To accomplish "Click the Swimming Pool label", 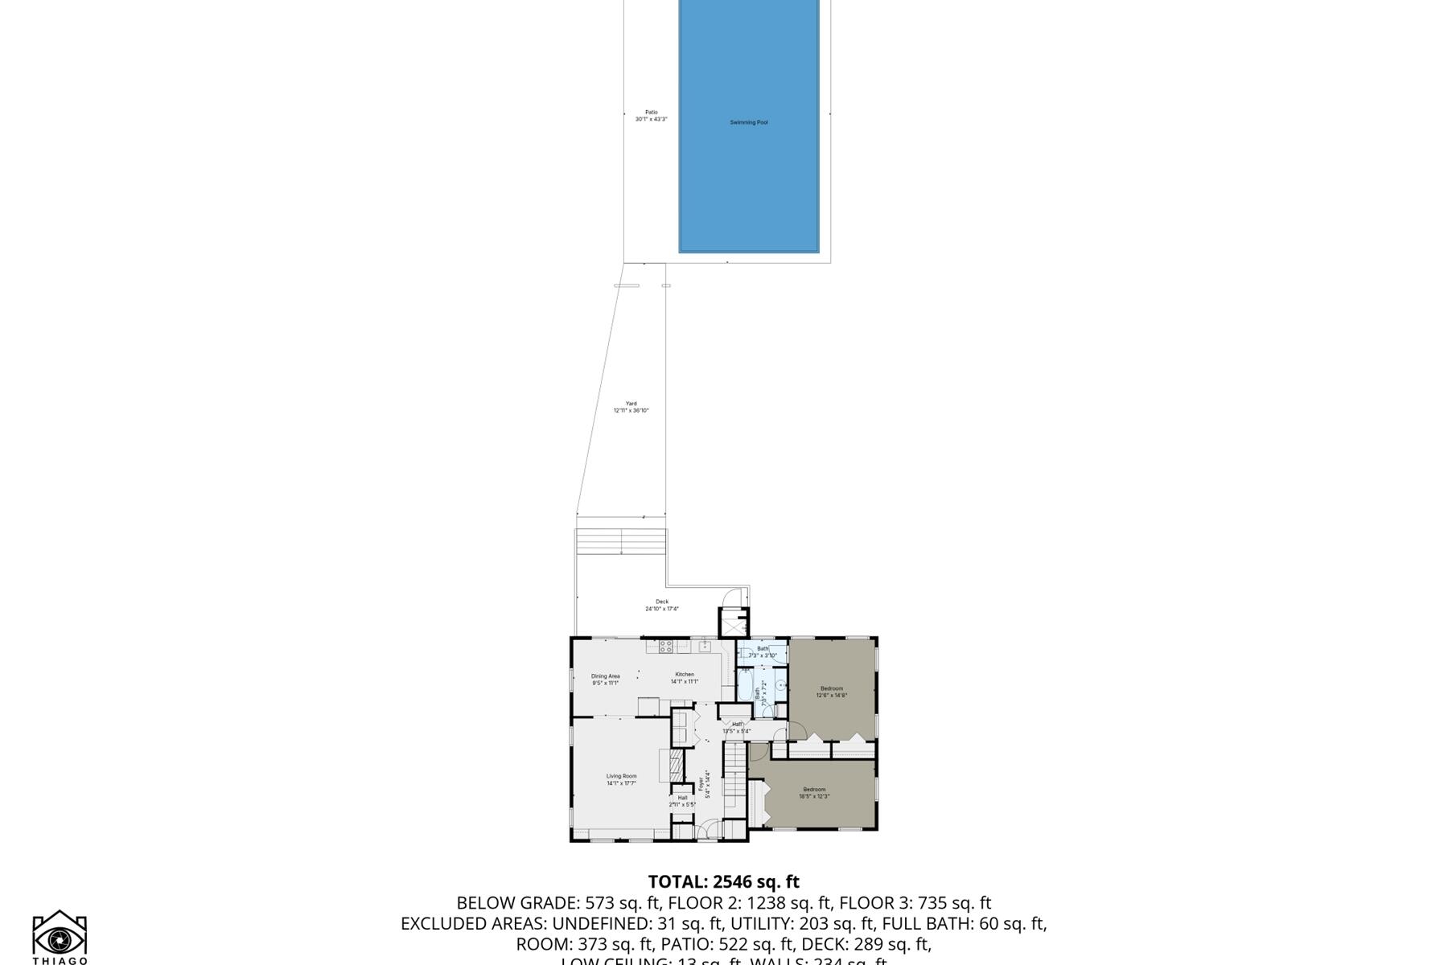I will pos(748,122).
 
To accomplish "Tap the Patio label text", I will pos(651,116).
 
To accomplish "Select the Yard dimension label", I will pos(631,407).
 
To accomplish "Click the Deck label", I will pos(661,605).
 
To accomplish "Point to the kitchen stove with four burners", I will pos(666,645).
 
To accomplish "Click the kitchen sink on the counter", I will pos(705,644).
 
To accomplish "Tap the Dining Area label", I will pos(605,680).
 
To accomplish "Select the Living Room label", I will pos(621,779).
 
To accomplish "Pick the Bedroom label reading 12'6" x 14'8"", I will pos(832,692).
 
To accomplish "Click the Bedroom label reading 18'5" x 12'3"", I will pos(814,792).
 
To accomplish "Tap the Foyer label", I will pos(704,786).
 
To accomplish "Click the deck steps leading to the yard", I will pos(621,541).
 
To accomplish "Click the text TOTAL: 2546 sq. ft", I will pos(723,882).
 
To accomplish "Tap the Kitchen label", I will pos(684,678).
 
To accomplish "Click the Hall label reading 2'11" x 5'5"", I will pos(682,801).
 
